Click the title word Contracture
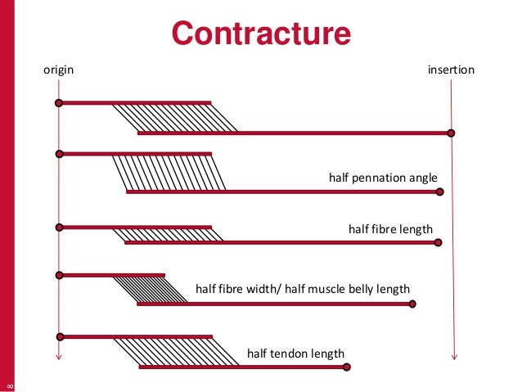[261, 34]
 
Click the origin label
[58, 70]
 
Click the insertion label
[451, 70]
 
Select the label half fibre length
[390, 228]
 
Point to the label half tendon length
[295, 354]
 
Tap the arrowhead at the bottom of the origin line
[58, 356]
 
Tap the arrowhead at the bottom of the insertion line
[454, 356]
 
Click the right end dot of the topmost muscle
[451, 133]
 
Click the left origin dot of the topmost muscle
[59, 103]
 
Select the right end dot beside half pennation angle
[440, 192]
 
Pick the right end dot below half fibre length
[439, 242]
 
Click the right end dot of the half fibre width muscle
[412, 304]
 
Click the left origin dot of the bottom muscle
[59, 336]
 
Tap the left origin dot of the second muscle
[59, 153]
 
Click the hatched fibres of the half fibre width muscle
[151, 289]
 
